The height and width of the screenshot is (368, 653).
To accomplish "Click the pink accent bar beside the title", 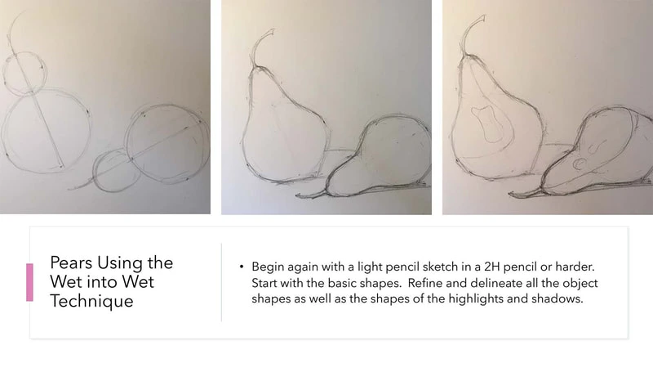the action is tap(29, 282).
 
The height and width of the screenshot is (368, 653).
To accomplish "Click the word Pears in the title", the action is tap(71, 263).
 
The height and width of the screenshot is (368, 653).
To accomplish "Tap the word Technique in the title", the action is tap(91, 301).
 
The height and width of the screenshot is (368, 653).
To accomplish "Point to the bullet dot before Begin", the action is tap(241, 267).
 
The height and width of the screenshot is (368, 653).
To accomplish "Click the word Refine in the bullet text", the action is tap(421, 282).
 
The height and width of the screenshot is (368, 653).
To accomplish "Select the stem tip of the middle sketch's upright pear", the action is tap(273, 30).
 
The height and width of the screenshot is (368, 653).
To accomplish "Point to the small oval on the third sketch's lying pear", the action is tap(579, 164).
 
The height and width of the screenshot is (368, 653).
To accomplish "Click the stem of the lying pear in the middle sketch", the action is tap(312, 195).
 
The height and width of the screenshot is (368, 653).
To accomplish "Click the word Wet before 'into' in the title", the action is tap(67, 282).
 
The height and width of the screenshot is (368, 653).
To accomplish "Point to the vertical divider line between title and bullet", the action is tap(221, 282).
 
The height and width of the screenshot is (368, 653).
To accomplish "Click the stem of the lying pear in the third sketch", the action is tap(526, 193).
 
